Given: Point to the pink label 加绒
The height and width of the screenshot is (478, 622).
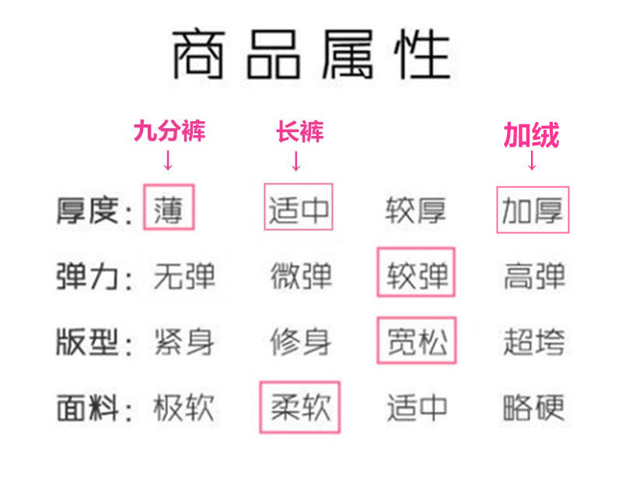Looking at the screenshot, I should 531,136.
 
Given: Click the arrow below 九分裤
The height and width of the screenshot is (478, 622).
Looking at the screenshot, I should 168,161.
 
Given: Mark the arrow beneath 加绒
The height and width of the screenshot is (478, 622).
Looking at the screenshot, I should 532,161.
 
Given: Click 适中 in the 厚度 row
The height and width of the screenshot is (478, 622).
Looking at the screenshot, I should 299,208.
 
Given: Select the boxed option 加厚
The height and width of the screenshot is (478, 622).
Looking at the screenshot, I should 533,210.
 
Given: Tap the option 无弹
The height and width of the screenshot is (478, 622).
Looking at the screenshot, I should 184,277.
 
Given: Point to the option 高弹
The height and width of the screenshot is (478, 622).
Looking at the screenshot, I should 533,277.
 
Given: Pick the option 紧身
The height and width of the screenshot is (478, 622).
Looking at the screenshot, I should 184,342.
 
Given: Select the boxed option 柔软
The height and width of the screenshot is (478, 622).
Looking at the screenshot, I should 300,406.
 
